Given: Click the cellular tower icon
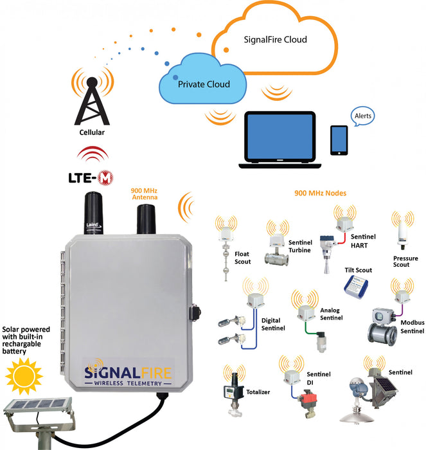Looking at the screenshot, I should coord(92,103).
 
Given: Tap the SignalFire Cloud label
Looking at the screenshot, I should coord(275,40).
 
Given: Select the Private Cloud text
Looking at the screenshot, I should coord(204,84).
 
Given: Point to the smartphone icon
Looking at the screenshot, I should coord(339,140).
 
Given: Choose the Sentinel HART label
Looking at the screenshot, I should coord(362,241).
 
